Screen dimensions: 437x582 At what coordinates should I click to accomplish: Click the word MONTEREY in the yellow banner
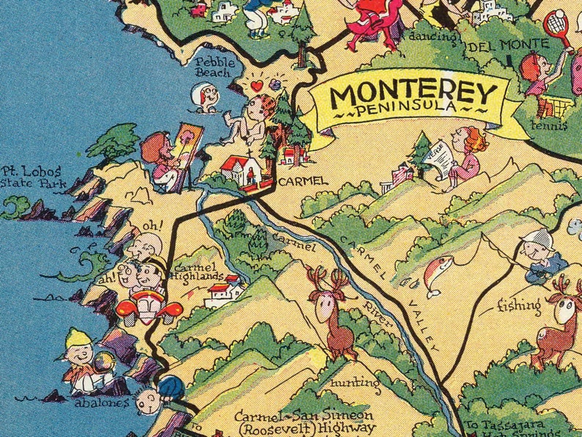(414, 95)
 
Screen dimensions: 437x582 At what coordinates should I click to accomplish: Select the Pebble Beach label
(214, 68)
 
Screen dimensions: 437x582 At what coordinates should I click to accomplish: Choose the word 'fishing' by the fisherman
(519, 304)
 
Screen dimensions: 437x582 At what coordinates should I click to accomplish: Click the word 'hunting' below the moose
(355, 383)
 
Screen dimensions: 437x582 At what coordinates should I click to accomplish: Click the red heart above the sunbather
(256, 86)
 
